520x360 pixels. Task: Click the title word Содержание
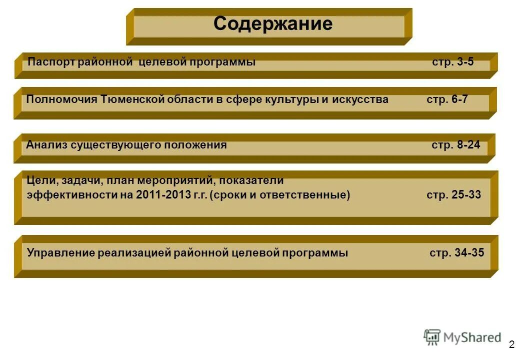[272, 24]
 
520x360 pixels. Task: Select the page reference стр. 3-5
[452, 62]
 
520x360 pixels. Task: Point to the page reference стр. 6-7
[447, 99]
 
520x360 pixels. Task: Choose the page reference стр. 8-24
[455, 145]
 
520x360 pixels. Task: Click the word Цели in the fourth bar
[38, 180]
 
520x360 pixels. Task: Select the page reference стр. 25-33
[454, 195]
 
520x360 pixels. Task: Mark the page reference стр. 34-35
[456, 253]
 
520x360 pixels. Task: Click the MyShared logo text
[472, 337]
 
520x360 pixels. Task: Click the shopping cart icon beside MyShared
[432, 337]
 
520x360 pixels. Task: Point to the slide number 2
[511, 344]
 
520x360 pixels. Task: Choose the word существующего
[113, 145]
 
